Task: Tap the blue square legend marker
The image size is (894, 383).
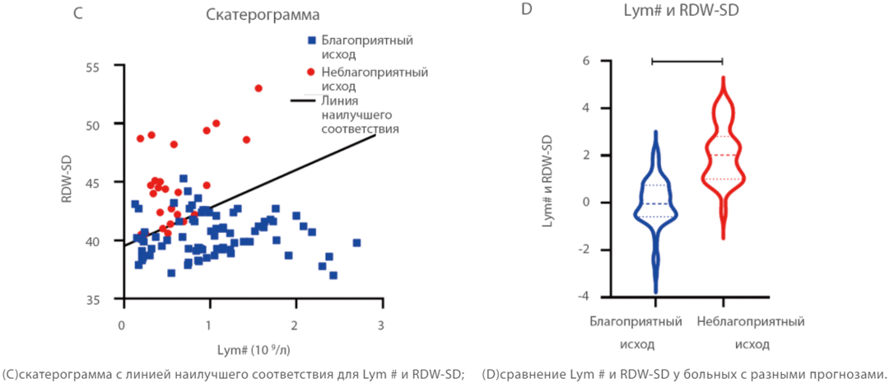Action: pyautogui.click(x=311, y=40)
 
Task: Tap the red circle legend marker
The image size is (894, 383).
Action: pyautogui.click(x=311, y=72)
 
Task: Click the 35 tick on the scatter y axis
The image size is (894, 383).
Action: pyautogui.click(x=105, y=299)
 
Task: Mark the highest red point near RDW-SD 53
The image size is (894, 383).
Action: pyautogui.click(x=258, y=88)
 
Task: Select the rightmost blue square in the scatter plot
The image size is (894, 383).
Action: pyautogui.click(x=356, y=243)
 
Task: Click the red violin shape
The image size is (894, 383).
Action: pyautogui.click(x=722, y=156)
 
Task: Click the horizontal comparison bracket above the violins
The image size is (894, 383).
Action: pyautogui.click(x=687, y=60)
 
